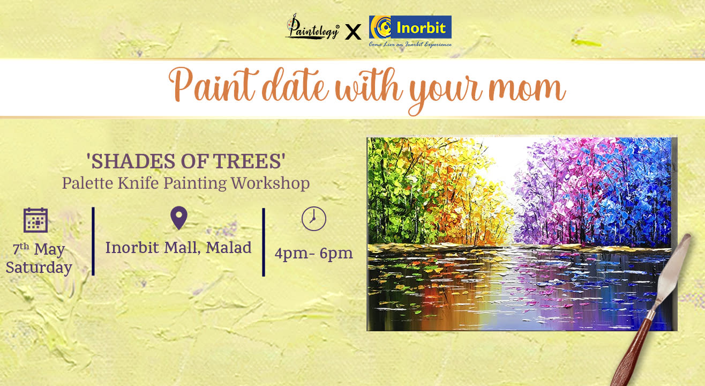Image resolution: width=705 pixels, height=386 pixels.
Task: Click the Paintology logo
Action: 312,28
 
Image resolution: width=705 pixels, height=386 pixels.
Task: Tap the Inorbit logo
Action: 410,30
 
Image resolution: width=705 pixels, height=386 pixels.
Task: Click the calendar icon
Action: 36,220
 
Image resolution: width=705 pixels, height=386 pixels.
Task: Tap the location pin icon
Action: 178,218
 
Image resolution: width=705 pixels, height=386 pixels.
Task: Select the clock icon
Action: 313,219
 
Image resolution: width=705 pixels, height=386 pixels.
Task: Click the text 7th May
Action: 38,249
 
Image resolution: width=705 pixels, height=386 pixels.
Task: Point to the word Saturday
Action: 39,268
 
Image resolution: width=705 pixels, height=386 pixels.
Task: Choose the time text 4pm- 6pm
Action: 313,253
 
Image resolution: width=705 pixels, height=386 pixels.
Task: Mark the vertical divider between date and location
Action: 93,241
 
